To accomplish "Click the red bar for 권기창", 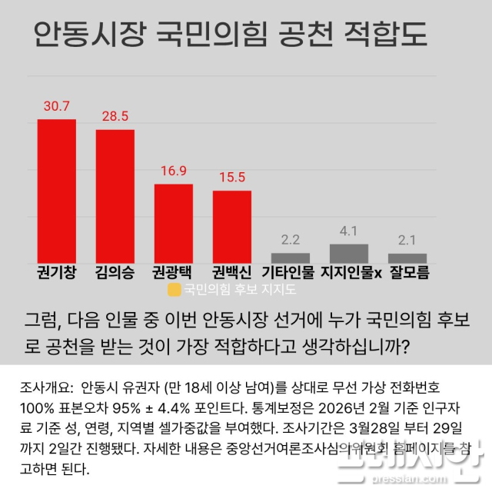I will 57,191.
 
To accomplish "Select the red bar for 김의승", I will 115,196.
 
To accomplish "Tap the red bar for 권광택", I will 174,223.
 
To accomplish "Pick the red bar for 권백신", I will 232,226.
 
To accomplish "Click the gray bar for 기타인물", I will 291,258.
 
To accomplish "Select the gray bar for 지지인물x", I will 349,253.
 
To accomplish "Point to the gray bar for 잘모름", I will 407,258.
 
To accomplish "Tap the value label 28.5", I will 115,117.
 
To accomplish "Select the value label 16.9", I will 174,171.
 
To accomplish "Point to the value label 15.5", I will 232,178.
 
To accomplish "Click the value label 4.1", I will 349,231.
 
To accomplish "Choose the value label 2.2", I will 291,240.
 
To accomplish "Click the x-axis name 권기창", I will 57,272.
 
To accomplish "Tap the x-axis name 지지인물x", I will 351,272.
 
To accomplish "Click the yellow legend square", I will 174,291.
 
